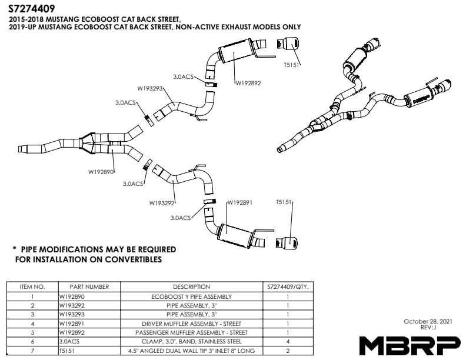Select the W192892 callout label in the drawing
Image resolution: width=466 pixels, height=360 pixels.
point(248,83)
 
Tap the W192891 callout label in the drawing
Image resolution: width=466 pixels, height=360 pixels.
point(239,202)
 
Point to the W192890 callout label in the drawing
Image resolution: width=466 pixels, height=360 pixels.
point(101,172)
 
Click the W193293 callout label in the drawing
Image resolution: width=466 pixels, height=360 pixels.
point(150,89)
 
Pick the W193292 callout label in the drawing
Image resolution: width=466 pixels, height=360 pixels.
point(162,203)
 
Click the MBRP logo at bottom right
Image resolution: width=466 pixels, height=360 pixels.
point(410,344)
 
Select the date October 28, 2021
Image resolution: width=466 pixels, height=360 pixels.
point(428,321)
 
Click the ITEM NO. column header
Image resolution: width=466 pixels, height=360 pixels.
point(32,287)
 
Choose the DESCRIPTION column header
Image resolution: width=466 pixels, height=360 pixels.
point(191,287)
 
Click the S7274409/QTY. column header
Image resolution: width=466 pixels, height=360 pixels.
point(287,287)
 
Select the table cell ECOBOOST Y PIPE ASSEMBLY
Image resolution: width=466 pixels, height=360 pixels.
point(191,296)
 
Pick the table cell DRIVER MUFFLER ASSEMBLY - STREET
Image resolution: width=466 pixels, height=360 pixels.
point(191,324)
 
